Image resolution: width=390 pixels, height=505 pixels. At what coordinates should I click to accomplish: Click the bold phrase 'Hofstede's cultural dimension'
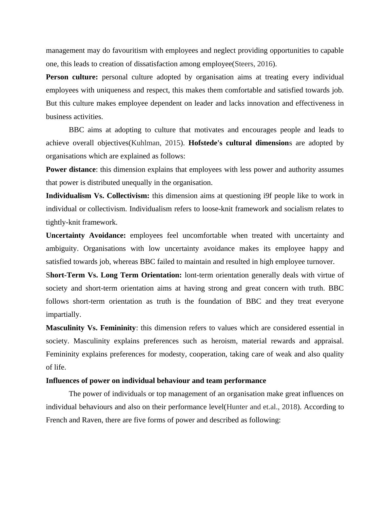pos(238,143)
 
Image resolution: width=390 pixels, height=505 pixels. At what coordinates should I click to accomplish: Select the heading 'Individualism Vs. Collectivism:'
pos(98,196)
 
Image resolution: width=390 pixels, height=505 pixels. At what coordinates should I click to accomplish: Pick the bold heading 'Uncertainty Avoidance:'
pos(86,235)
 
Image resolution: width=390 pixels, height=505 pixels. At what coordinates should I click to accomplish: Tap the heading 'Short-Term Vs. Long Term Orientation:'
pos(114,275)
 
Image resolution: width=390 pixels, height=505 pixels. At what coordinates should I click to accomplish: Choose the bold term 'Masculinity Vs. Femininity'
pos(91,328)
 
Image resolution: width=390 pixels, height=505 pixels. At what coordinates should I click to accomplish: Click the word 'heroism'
pos(224,341)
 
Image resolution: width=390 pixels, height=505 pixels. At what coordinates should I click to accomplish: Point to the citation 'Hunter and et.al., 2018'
pos(262,407)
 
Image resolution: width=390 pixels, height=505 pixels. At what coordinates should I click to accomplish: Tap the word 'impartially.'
pos(63,314)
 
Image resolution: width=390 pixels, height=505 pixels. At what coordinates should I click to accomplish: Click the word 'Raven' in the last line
pos(89,420)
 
